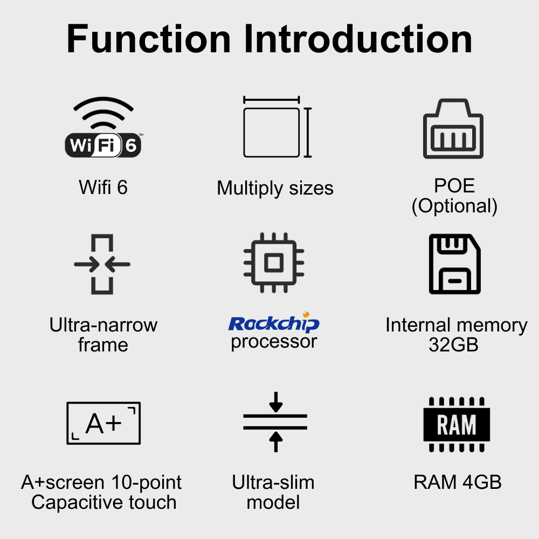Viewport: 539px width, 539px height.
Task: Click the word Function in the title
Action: (148, 39)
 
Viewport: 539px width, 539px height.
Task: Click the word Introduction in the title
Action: (358, 39)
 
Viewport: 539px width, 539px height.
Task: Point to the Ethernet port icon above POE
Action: (453, 129)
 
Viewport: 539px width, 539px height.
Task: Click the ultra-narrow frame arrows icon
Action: (102, 265)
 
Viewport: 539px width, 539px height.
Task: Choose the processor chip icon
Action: (274, 263)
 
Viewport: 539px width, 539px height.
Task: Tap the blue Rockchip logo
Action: (274, 322)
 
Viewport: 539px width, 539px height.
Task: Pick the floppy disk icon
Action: (454, 264)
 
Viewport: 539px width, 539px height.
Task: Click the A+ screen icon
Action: (103, 423)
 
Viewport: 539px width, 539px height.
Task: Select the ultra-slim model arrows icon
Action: (275, 422)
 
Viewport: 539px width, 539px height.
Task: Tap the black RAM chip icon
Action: (457, 424)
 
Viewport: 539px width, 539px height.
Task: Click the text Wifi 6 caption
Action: (103, 188)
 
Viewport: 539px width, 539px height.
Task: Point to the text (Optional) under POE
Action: (454, 206)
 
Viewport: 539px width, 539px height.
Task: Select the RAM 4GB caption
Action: (457, 482)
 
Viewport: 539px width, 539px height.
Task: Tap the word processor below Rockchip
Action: (274, 341)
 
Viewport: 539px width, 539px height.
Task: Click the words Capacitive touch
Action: (103, 502)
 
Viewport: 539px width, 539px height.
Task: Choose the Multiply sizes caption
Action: (275, 188)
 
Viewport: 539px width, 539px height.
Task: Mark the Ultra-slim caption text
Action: (273, 482)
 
